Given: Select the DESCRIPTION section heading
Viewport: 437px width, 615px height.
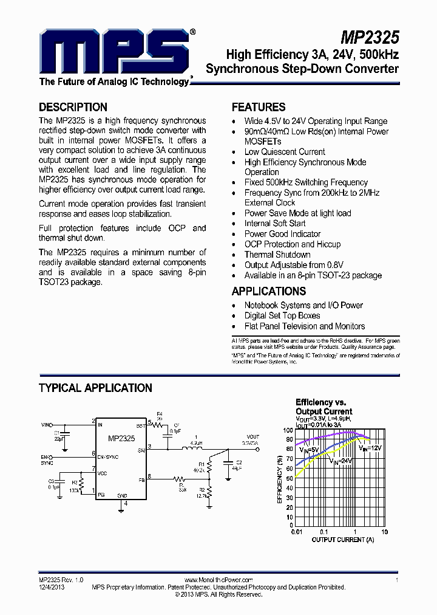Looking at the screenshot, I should point(73,107).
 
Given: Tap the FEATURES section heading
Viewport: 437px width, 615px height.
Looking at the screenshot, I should point(259,107).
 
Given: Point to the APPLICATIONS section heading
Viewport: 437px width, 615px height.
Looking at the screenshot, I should point(269,291).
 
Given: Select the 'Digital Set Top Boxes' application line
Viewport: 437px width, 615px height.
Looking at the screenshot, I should point(282,316).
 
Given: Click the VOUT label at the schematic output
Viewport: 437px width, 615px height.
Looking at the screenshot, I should point(252,437).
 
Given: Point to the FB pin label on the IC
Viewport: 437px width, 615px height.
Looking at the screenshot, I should point(141,480).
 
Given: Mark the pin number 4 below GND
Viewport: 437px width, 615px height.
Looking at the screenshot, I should point(125,504).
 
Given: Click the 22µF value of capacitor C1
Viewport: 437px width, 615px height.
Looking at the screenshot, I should point(58,438).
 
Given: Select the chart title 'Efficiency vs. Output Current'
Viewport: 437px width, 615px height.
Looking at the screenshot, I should point(324,407).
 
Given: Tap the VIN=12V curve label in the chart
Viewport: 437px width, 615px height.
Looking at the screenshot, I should point(370,448).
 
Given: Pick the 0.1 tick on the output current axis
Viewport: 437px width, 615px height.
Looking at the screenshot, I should point(325,532).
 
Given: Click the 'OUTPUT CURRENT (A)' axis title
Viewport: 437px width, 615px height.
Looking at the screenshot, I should point(342,540).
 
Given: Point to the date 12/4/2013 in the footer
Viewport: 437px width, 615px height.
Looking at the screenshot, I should point(52,588).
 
